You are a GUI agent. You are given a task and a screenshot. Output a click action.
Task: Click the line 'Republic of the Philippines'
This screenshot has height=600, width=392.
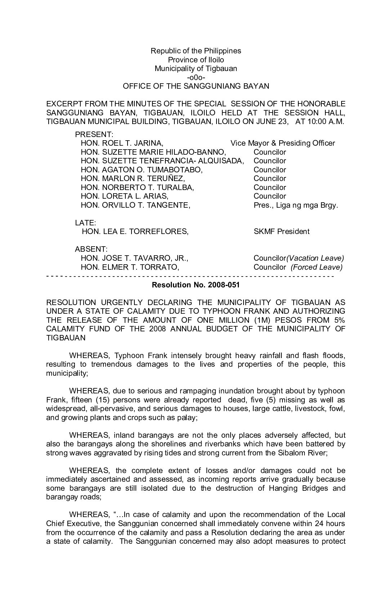[196, 51]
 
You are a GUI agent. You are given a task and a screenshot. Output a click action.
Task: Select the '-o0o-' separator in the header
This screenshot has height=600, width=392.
[196, 78]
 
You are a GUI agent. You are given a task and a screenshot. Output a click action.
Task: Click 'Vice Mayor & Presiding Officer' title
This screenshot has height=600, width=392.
[282, 143]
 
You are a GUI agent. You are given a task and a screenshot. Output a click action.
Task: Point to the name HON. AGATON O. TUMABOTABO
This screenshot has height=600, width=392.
[142, 170]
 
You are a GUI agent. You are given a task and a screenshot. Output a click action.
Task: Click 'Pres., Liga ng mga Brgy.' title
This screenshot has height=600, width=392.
[296, 205]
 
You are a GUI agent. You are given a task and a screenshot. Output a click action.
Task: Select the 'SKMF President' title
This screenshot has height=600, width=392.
[281, 231]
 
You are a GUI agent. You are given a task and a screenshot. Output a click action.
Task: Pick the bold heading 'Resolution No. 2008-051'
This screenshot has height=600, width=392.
[196, 285]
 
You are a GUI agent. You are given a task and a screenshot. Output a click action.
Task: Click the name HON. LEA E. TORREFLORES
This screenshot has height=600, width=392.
[135, 231]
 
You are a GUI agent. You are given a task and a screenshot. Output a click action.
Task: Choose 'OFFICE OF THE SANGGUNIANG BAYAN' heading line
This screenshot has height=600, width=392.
[196, 86]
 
